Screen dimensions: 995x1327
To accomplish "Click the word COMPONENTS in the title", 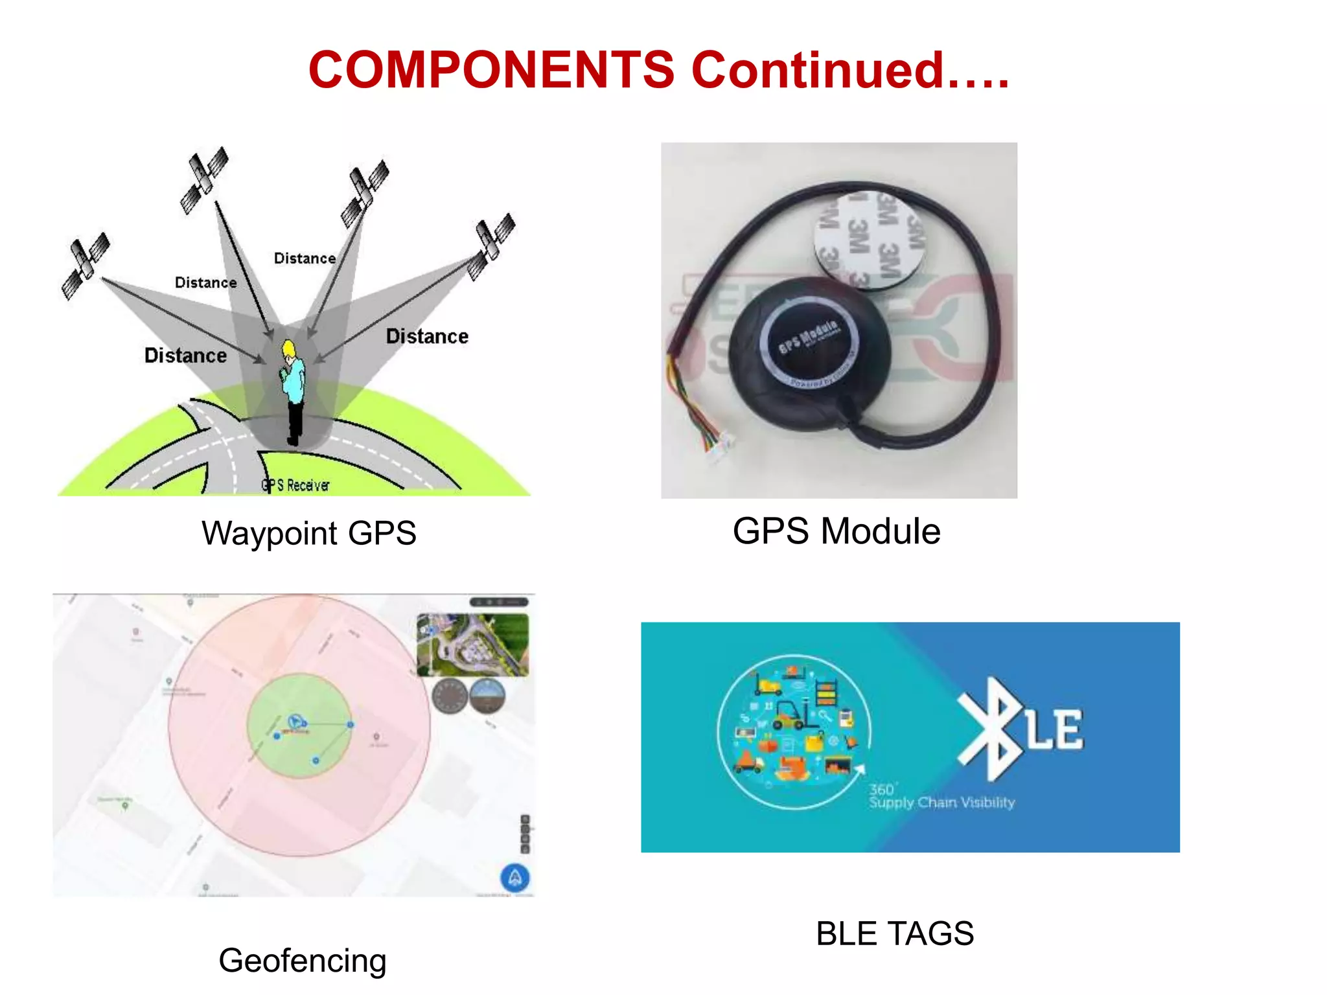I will click(x=491, y=70).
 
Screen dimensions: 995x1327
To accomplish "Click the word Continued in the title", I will click(x=818, y=70).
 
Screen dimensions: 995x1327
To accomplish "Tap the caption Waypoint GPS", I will click(x=308, y=533).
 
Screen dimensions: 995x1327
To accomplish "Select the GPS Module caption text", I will click(x=836, y=531).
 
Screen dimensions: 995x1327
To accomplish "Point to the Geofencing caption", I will click(x=302, y=960).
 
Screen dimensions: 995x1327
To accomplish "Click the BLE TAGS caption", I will click(x=894, y=933).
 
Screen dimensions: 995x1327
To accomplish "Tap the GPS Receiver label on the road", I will click(x=295, y=485).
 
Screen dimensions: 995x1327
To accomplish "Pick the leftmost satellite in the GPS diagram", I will click(x=86, y=266).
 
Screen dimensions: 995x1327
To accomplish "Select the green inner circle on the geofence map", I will click(x=299, y=726).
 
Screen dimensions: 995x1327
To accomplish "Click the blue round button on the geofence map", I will click(x=515, y=878).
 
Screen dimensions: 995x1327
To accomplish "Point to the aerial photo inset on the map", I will click(x=472, y=645).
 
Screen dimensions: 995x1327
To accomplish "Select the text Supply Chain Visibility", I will click(x=941, y=803).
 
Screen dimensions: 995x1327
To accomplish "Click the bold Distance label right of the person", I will click(x=427, y=336).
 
